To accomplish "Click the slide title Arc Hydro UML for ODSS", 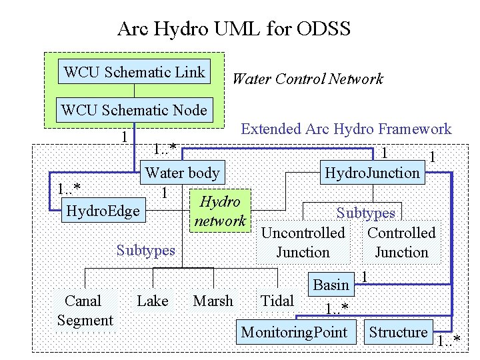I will (x=233, y=29).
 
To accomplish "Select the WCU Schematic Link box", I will (x=135, y=72).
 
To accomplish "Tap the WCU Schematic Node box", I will (x=134, y=110).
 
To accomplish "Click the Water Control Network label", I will (x=307, y=79).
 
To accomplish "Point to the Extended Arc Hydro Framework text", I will (x=345, y=129).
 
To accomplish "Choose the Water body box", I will (x=183, y=173).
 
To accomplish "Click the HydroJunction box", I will (x=372, y=173).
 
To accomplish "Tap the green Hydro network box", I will (x=220, y=211).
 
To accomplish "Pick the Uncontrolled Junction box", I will (x=303, y=243).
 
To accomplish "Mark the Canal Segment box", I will (x=85, y=311).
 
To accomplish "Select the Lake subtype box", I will (x=153, y=301).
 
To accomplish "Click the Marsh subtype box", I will (x=213, y=301).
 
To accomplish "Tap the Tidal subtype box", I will (x=277, y=301).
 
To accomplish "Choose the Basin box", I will (x=331, y=285).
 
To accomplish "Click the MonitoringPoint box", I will (x=294, y=332).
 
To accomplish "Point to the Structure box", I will (x=398, y=332).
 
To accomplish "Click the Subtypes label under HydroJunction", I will (x=365, y=213).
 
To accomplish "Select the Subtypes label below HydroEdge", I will (x=145, y=251).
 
